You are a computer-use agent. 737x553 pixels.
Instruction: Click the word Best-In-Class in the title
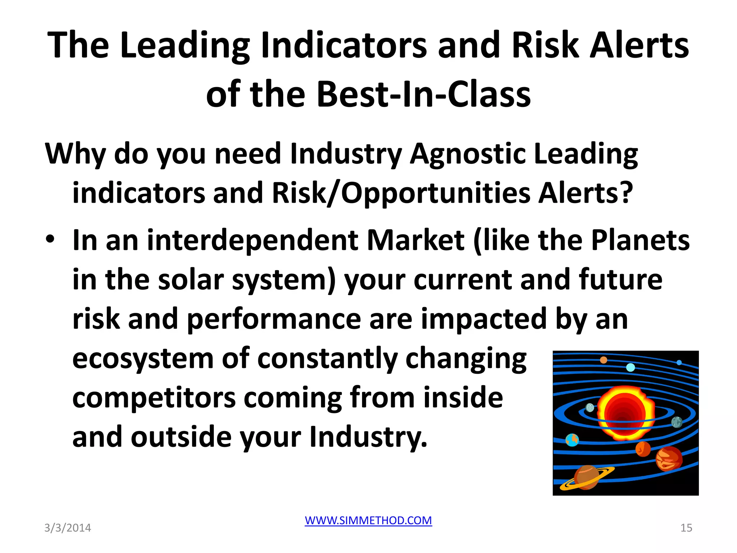[x=423, y=94]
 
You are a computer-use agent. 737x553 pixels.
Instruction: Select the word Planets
[x=640, y=240]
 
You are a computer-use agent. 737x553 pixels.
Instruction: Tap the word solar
[x=191, y=280]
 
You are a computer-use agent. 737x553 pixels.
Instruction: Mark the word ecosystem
[x=143, y=359]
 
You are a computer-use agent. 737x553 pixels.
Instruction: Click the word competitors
[x=154, y=398]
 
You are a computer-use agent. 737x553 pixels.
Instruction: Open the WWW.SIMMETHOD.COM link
[x=368, y=520]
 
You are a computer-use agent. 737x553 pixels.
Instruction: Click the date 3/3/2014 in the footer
[x=68, y=528]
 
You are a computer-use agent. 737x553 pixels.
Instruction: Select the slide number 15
[x=686, y=528]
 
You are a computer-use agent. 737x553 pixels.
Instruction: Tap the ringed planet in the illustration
[x=586, y=477]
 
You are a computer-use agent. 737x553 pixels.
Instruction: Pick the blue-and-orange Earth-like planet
[x=572, y=440]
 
